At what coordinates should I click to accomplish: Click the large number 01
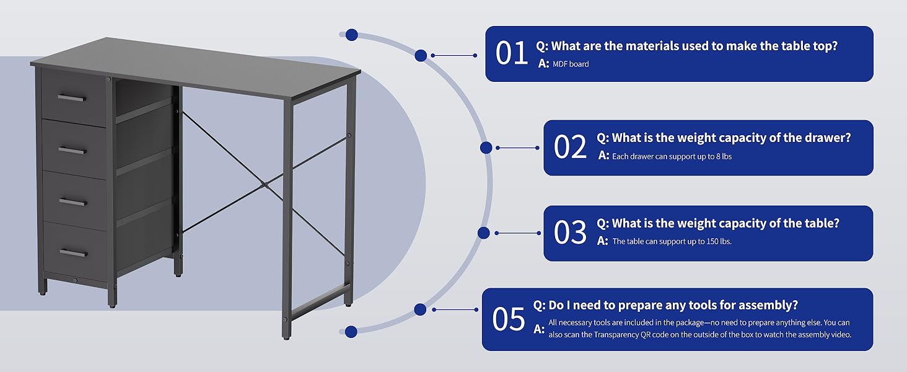pos(511,53)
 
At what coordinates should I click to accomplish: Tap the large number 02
pos(570,146)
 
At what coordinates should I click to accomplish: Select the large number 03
pos(570,232)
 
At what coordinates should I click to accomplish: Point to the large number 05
pos(509,319)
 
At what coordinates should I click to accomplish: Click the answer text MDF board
pos(571,64)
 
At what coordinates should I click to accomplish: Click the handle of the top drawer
pos(72,98)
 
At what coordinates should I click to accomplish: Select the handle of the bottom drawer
pos(73,253)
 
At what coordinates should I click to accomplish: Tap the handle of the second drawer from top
pos(72,151)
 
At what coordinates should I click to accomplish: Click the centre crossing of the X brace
pos(264,184)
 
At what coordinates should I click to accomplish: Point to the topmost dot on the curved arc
pos(351,35)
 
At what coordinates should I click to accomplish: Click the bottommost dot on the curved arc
pos(351,332)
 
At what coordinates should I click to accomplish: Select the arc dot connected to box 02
pos(486,148)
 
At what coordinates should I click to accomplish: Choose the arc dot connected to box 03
pos(483,233)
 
